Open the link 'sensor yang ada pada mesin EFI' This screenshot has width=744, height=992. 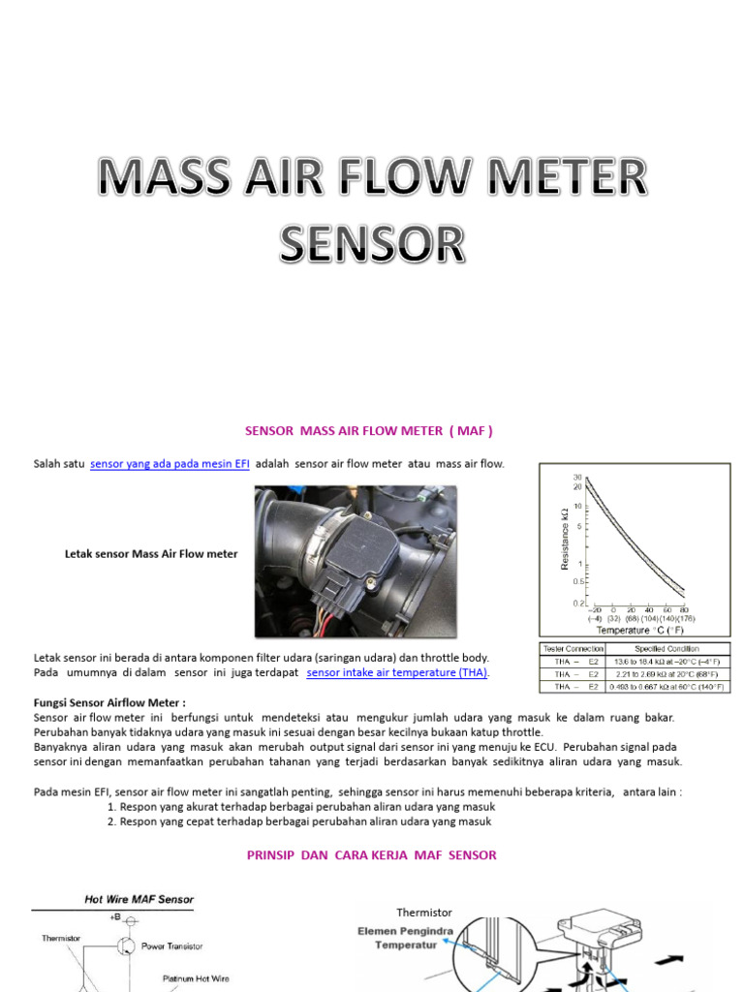(x=170, y=464)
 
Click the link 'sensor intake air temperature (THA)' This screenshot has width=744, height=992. (x=397, y=672)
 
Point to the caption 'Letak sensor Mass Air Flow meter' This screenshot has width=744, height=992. (x=150, y=554)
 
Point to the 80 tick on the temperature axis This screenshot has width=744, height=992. (x=684, y=609)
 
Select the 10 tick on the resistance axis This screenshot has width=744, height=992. (x=577, y=506)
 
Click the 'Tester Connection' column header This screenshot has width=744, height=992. (x=572, y=649)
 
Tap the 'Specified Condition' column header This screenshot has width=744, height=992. (x=666, y=649)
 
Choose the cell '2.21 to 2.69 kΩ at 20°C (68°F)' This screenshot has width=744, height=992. (x=666, y=674)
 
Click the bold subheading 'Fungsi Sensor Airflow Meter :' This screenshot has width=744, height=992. (x=110, y=702)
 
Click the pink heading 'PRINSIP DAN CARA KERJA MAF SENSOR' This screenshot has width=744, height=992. (x=372, y=855)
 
